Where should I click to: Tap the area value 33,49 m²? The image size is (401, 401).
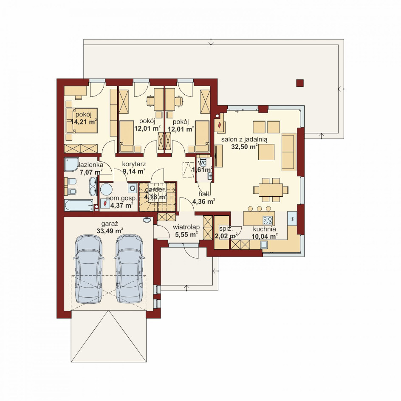[x=110, y=231]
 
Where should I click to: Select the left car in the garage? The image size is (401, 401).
[x=88, y=269]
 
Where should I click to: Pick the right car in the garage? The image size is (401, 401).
[x=130, y=269]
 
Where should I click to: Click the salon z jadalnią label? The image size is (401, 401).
[x=244, y=140]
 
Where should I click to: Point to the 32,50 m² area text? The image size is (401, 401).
[x=244, y=147]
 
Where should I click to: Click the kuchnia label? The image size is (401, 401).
[x=265, y=229]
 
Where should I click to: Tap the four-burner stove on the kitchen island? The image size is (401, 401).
[x=268, y=220]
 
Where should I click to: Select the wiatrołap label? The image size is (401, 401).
[x=186, y=227]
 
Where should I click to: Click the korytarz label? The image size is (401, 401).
[x=134, y=164]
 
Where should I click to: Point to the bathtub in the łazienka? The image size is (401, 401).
[x=79, y=205]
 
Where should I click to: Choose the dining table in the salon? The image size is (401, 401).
[x=271, y=190]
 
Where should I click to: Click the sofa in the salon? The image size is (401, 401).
[x=289, y=152]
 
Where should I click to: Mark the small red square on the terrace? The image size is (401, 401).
[x=300, y=83]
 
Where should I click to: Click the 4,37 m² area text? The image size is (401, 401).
[x=121, y=205]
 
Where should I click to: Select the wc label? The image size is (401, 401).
[x=202, y=162]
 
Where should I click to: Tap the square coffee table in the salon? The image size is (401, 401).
[x=266, y=152]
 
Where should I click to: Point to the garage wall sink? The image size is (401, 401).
[x=147, y=220]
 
